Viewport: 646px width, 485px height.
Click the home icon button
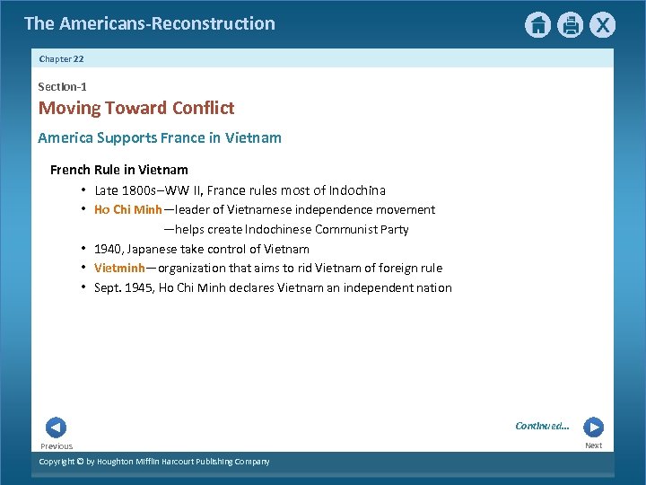click(x=537, y=24)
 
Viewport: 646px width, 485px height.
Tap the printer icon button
click(x=570, y=24)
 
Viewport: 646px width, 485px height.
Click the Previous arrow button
click(x=56, y=428)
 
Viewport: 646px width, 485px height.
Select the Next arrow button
click(x=593, y=428)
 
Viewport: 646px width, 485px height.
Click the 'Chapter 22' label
click(x=61, y=58)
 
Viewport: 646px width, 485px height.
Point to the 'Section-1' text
click(x=62, y=86)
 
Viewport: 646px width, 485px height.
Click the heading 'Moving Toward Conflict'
click(x=135, y=108)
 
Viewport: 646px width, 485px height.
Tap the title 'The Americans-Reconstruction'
click(x=150, y=23)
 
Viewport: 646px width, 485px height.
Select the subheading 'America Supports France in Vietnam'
click(x=160, y=137)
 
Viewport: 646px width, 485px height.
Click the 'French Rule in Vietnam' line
click(x=119, y=169)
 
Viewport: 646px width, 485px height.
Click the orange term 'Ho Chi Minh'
click(x=127, y=209)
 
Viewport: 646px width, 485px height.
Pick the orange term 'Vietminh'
click(x=119, y=268)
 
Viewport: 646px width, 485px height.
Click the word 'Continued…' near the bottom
click(x=542, y=426)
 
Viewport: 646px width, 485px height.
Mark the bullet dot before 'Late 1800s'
click(x=83, y=190)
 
